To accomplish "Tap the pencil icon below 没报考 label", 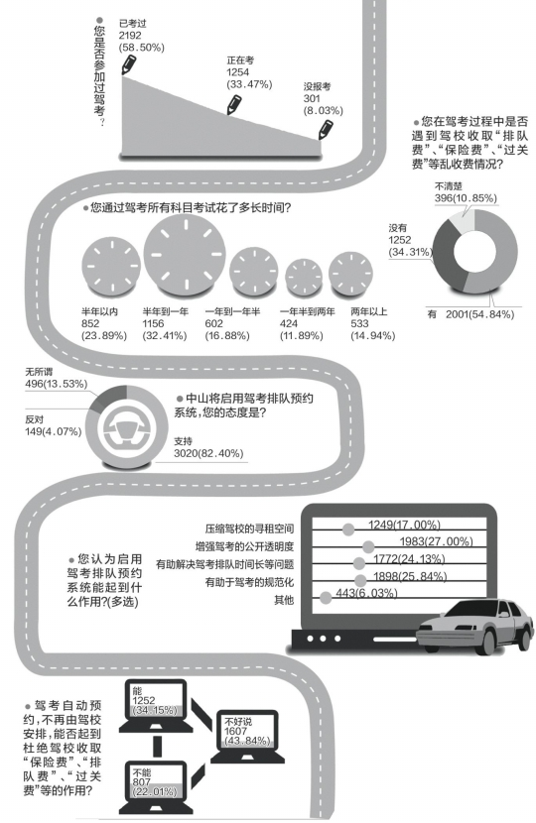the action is (326, 129).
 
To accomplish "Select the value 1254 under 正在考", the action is (238, 72).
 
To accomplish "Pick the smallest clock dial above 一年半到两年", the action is (304, 277).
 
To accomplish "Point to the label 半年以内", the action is (99, 311).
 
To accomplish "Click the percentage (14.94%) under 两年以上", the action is (372, 335).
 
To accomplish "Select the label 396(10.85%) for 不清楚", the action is (466, 198).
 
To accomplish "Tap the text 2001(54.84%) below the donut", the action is (479, 314).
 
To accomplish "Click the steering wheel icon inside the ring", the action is (127, 426).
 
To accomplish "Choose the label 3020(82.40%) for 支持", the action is (208, 453).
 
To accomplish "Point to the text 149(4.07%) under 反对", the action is (54, 431).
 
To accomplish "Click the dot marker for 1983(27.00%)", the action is (368, 546).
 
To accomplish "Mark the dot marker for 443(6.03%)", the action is (326, 597).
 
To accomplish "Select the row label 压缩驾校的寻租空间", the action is (249, 529).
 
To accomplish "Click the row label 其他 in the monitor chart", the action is (284, 600).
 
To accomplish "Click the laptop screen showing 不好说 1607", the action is (247, 731).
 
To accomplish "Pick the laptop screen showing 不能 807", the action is (156, 782).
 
